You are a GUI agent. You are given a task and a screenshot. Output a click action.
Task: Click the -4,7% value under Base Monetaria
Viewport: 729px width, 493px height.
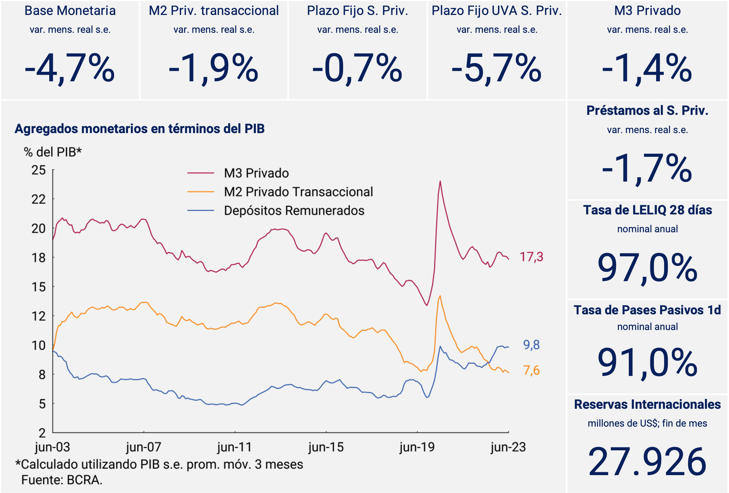tap(70, 69)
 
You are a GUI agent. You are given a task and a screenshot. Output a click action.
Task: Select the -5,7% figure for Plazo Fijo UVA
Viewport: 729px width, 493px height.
tap(496, 69)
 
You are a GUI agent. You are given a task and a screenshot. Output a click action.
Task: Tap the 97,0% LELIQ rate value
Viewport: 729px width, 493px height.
tap(647, 268)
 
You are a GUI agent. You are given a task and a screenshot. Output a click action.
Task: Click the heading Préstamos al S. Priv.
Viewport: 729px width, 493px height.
tap(647, 110)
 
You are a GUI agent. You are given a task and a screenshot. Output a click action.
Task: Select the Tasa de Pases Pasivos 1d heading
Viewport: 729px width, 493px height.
tap(647, 310)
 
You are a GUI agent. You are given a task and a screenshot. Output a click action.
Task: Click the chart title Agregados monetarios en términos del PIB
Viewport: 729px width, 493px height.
tap(140, 129)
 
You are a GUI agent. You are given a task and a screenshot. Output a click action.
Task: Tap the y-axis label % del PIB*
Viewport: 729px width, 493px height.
tap(53, 152)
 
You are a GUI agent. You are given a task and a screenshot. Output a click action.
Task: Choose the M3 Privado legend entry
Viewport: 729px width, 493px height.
tap(256, 173)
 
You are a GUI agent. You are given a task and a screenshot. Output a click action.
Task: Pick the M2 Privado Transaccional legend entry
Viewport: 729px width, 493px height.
tap(298, 192)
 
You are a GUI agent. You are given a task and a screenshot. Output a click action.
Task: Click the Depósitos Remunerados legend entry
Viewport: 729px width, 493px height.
tap(294, 211)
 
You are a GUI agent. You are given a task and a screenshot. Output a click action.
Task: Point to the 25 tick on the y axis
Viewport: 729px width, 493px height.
tap(39, 170)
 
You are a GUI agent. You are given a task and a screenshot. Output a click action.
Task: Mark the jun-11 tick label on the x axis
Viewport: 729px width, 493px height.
tap(235, 447)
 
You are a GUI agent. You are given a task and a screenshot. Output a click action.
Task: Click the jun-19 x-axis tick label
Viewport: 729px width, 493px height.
tap(417, 447)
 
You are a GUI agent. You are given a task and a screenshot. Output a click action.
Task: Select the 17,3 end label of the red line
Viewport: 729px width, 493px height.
tap(531, 257)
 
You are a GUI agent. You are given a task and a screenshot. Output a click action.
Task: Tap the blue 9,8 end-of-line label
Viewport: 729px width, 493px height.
tap(531, 345)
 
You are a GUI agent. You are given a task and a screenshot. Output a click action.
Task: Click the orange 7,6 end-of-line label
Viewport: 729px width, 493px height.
tap(531, 370)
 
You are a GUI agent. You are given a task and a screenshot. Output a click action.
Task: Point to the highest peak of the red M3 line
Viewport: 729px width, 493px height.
tap(440, 181)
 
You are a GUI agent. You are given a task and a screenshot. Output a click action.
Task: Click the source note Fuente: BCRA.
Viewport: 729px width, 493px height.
tap(62, 480)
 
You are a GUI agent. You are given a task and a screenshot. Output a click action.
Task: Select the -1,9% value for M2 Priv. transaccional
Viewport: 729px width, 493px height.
tap(214, 69)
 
